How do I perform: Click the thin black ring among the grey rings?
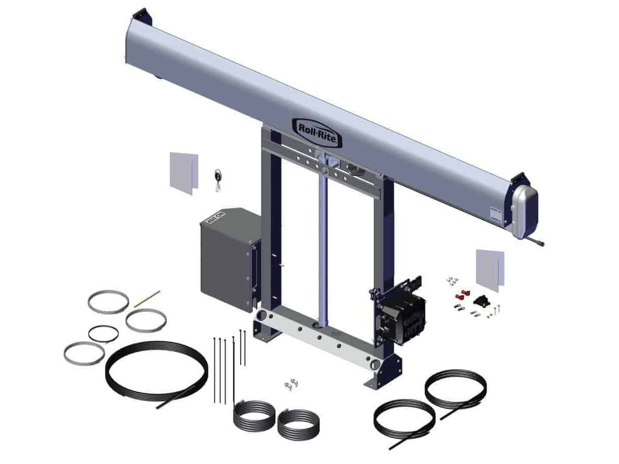coord(103,334)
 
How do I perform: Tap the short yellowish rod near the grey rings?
coord(147,299)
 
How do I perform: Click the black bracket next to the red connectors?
coord(482,300)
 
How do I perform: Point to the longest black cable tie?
coord(233,369)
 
